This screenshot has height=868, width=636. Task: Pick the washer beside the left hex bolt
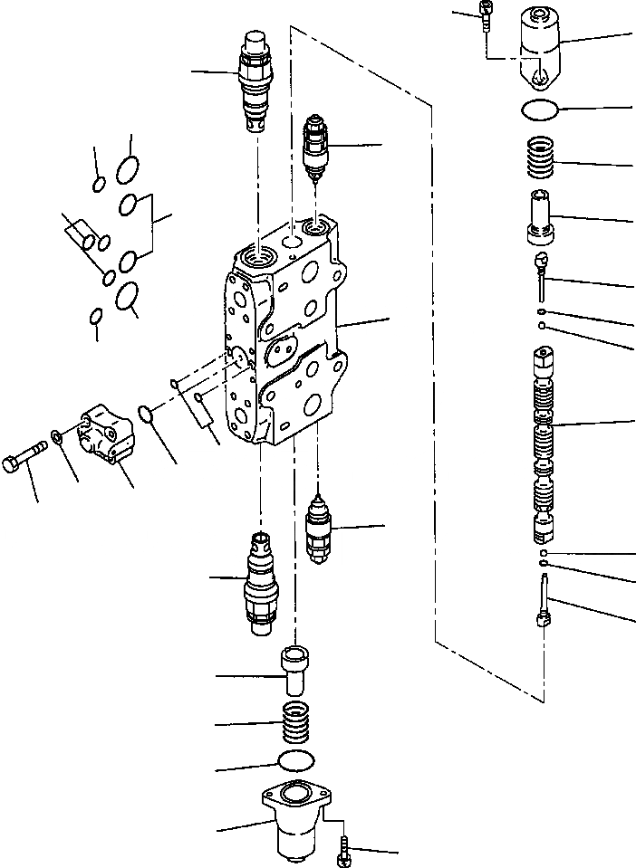click(x=55, y=438)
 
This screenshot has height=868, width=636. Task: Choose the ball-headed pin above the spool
click(x=542, y=272)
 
